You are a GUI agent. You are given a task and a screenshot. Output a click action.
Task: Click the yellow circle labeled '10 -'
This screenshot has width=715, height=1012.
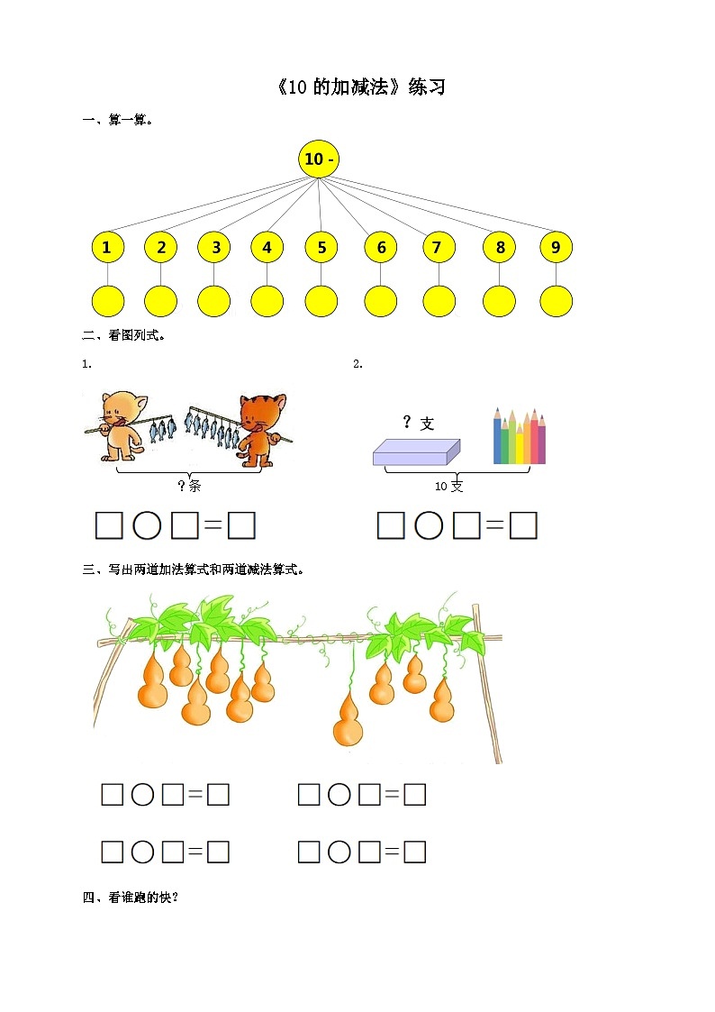(319, 159)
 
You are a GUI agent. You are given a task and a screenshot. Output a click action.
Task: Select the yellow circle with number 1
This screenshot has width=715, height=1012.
(108, 247)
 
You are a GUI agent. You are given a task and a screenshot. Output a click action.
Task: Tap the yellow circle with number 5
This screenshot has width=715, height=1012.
(321, 247)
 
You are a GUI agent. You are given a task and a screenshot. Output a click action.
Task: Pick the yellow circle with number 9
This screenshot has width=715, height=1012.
(556, 247)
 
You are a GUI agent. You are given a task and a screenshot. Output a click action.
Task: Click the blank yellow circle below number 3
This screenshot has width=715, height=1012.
(214, 301)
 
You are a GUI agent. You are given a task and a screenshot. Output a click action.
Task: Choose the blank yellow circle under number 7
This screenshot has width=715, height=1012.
(439, 301)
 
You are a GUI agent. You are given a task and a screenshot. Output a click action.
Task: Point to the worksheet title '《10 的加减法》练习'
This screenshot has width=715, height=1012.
(361, 87)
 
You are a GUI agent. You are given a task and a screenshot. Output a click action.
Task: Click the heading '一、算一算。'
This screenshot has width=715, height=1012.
(117, 120)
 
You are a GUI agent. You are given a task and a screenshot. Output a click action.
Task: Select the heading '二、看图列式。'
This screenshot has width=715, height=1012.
(123, 335)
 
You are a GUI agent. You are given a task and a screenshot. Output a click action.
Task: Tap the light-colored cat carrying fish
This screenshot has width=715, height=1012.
(122, 424)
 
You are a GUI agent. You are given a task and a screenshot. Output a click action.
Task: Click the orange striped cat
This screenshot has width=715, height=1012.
(261, 429)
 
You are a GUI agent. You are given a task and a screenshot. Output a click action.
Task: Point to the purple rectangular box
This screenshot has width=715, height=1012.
(417, 452)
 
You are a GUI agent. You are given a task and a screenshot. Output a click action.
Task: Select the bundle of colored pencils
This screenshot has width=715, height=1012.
(520, 435)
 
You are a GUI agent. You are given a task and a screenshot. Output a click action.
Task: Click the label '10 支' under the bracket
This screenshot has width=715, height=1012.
(448, 487)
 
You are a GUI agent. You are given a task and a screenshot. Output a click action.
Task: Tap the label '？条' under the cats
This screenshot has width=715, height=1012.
(189, 486)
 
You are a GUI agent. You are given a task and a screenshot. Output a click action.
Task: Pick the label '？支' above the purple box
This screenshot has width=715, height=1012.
(419, 424)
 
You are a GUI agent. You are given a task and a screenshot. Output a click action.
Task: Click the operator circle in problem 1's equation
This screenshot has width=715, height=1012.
(147, 525)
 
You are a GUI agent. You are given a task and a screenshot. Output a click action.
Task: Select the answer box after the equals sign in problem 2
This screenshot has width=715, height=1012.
(523, 525)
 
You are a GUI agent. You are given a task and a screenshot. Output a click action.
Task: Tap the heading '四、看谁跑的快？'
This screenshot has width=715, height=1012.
(131, 898)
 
